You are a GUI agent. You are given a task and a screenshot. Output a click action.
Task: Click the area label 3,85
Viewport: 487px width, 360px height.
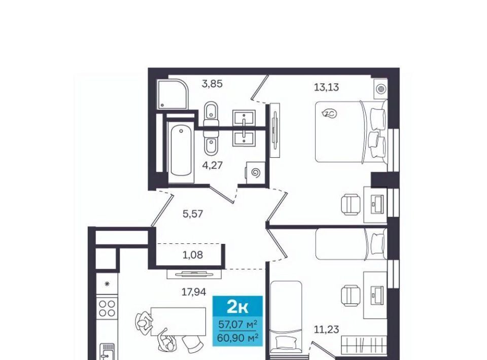tap(212, 84)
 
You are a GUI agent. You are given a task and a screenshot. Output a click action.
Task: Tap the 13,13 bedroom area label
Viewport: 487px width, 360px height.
tap(326, 87)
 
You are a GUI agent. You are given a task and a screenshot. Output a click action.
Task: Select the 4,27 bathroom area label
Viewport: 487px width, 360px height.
tap(213, 165)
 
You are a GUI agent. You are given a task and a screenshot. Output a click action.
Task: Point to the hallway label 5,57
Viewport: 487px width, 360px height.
tap(193, 213)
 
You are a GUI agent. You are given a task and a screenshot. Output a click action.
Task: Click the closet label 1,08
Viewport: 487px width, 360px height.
tap(193, 255)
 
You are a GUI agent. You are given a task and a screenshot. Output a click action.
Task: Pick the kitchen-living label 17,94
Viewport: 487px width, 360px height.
tap(193, 292)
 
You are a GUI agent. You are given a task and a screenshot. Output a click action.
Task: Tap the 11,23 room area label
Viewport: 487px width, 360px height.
tap(326, 329)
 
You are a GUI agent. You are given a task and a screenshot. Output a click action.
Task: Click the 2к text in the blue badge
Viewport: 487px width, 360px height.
tap(237, 307)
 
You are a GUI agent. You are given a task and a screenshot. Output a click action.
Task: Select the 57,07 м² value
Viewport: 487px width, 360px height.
tap(237, 325)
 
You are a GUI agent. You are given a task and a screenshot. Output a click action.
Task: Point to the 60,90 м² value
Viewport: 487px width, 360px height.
tap(237, 337)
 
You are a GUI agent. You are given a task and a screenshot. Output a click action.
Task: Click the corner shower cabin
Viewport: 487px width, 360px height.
tap(172, 94)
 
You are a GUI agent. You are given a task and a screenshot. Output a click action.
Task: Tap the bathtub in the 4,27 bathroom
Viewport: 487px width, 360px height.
tap(181, 152)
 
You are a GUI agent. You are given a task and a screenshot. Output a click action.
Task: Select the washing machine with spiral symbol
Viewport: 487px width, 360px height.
tap(255, 173)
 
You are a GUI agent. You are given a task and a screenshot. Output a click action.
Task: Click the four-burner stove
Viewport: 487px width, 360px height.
tap(107, 308)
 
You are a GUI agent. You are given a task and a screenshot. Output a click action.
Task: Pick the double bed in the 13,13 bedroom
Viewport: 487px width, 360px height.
tap(351, 132)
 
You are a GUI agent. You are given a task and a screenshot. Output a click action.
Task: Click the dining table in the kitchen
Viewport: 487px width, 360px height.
tap(178, 322)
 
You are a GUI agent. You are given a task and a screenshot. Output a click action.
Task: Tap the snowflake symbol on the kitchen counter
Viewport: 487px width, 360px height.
tap(107, 283)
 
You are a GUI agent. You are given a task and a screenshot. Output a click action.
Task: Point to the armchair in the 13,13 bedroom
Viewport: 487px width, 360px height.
tap(351, 204)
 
